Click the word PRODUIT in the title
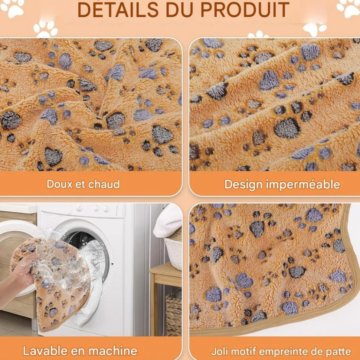[245, 10]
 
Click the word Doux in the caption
[60, 184]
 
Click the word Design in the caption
[243, 185]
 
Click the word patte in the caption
[339, 351]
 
